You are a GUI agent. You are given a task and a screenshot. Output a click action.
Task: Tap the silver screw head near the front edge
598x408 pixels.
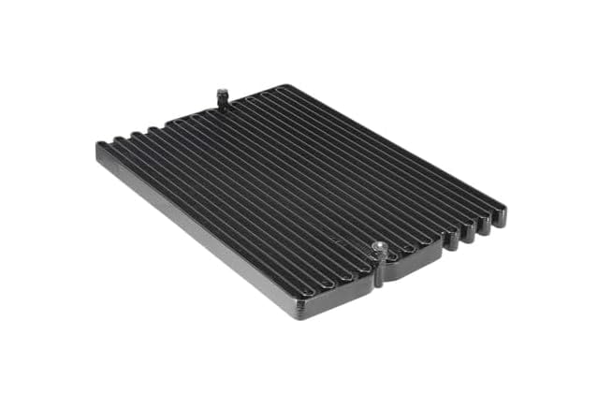(378, 247)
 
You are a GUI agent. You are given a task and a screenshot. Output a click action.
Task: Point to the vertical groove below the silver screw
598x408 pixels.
(378, 273)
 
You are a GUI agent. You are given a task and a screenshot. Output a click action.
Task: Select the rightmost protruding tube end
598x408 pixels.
(499, 217)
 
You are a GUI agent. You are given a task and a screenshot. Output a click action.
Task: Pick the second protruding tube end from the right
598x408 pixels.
(484, 225)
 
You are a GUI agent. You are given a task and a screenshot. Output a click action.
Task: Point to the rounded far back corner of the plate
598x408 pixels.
(281, 87)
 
